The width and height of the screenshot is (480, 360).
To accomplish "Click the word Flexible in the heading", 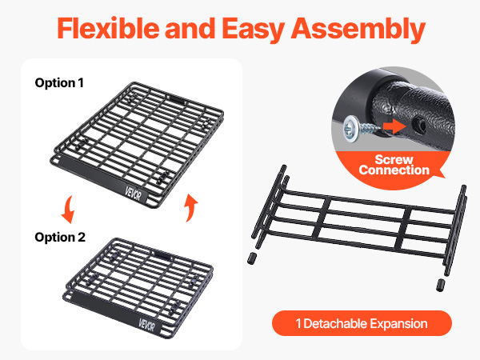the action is (108, 28).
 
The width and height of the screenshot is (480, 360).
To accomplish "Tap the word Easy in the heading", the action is (254, 30).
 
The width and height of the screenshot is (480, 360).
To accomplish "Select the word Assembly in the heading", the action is (358, 30).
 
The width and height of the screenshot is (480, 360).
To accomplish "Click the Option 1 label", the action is (59, 83).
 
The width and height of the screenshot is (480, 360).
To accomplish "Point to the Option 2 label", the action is (60, 238).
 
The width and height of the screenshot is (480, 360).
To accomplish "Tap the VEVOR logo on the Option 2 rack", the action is (146, 325).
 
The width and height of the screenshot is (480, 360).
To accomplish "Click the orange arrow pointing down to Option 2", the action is (69, 210).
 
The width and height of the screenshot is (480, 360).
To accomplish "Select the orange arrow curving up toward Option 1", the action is (190, 207).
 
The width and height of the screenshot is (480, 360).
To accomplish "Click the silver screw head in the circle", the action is (351, 128).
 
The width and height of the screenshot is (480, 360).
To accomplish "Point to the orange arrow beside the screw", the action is (394, 126).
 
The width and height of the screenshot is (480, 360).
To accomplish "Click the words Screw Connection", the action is (394, 165).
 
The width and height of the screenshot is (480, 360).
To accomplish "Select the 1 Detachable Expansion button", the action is (362, 323).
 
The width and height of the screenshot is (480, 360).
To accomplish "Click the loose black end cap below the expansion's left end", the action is (252, 258).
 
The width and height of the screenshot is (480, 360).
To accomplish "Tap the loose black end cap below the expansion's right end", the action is (441, 285).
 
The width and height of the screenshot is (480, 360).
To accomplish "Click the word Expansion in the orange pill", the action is (398, 324).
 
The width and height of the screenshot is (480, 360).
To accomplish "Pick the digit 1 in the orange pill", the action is (298, 323).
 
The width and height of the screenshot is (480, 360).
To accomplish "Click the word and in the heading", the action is (190, 28).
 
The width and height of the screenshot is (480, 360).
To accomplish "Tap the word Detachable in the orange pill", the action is (335, 323).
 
